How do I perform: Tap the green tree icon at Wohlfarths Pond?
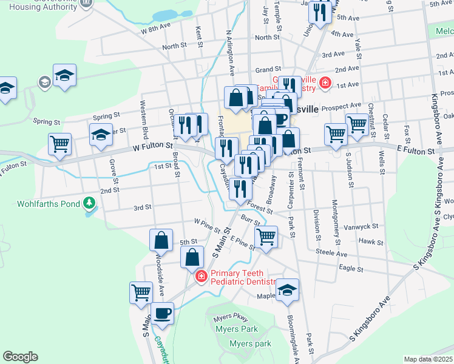point(90,202)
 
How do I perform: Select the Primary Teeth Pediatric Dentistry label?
point(243,277)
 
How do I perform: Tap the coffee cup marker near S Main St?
point(161,314)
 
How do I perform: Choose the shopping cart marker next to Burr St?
point(266,237)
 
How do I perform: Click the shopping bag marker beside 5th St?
point(161,240)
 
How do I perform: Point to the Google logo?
point(21,357)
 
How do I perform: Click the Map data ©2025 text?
point(428,359)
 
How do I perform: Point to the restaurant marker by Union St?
point(319,13)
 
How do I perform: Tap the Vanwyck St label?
point(362,226)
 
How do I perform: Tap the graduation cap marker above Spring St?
point(64,75)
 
